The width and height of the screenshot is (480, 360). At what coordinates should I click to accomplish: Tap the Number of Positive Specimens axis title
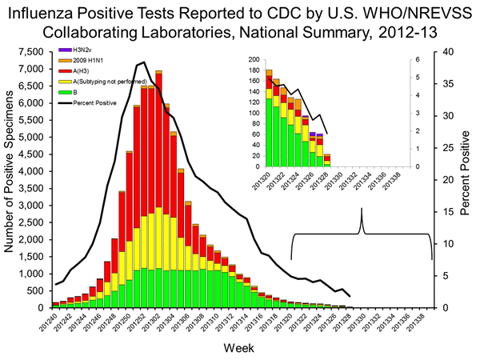pyautogui.click(x=10, y=179)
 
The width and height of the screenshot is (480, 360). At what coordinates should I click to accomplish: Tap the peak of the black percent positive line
pyautogui.click(x=142, y=62)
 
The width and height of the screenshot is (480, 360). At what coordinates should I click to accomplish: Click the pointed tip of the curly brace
pyautogui.click(x=362, y=210)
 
